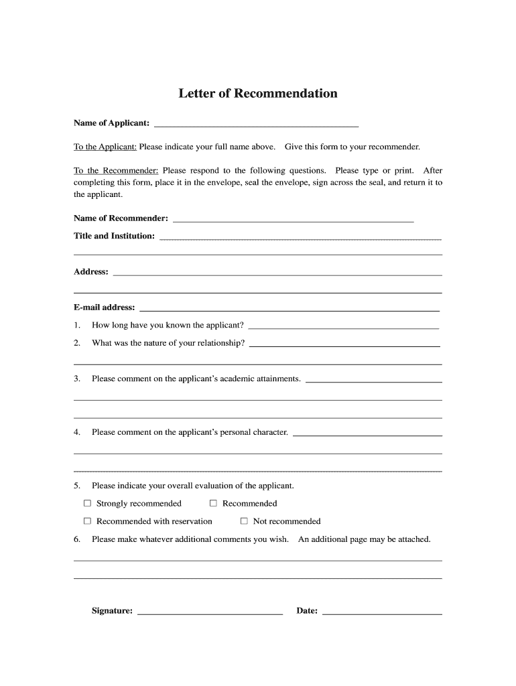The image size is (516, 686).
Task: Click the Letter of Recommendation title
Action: tap(258, 94)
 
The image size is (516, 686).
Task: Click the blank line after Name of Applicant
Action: tap(256, 125)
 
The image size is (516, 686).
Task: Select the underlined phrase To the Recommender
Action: tap(116, 171)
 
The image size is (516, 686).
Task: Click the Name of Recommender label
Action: tap(121, 218)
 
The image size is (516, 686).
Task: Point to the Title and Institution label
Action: tap(114, 236)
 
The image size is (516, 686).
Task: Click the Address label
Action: tap(91, 272)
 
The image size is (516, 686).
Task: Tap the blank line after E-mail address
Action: tap(289, 310)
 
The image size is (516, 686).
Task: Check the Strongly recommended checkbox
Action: tap(87, 503)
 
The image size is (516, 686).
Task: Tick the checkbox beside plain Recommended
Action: tap(213, 503)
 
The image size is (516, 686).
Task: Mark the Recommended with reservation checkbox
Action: tap(87, 521)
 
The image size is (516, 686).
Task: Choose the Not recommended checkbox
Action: tap(244, 521)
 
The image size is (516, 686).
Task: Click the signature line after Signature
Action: tap(210, 612)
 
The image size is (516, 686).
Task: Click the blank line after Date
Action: tap(382, 612)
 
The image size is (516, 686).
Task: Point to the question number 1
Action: tap(77, 326)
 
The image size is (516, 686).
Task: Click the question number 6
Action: tap(77, 539)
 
